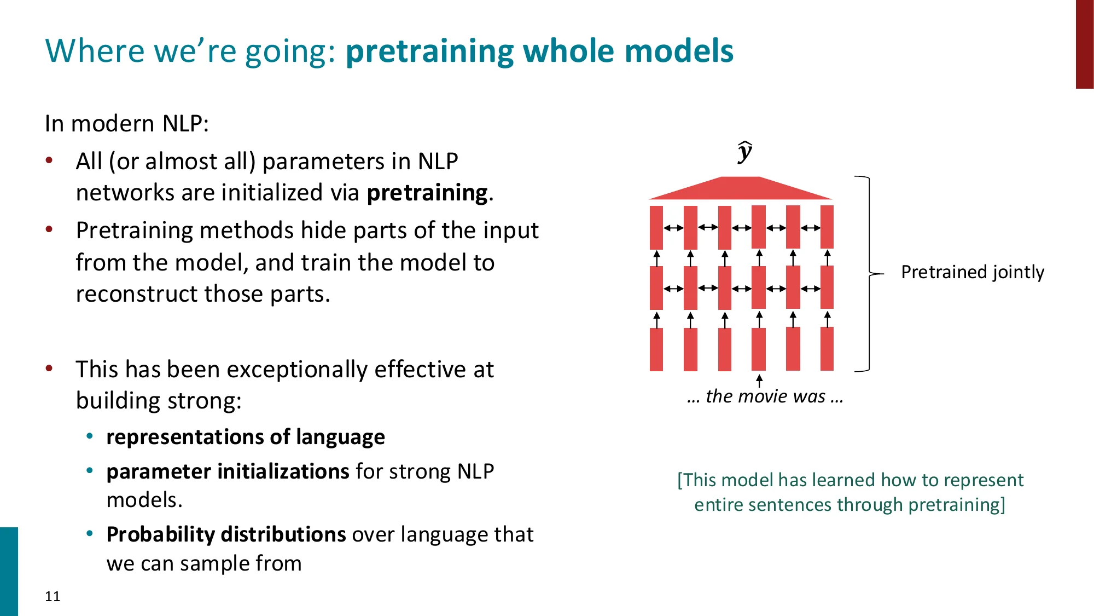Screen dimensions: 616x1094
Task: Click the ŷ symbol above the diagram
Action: pos(744,152)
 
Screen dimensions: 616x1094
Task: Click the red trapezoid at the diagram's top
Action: pos(741,189)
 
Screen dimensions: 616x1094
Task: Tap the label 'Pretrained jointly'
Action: pos(972,272)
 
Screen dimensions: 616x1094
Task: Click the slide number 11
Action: pos(53,596)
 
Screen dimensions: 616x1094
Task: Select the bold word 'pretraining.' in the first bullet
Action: pos(429,193)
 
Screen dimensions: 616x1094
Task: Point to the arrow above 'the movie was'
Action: pos(759,381)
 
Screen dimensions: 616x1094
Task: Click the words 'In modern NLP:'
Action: pos(126,123)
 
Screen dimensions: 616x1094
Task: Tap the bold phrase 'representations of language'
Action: pos(245,437)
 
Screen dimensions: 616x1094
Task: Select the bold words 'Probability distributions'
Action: pos(226,534)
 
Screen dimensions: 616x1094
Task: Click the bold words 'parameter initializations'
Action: pos(228,471)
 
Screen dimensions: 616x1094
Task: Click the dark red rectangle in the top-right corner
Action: pos(1084,44)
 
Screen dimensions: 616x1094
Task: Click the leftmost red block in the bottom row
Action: pos(656,349)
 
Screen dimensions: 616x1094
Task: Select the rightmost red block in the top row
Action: pos(827,227)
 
